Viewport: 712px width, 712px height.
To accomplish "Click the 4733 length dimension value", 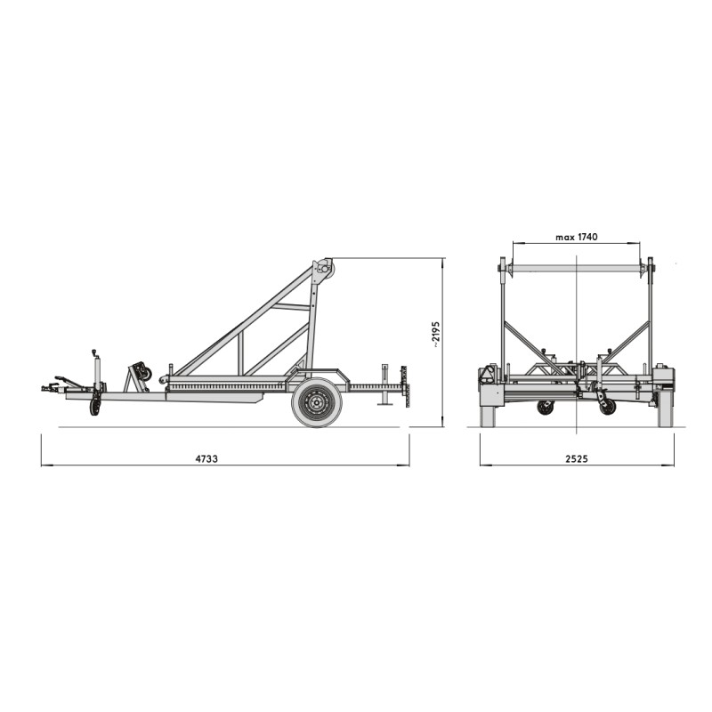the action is tap(206, 458).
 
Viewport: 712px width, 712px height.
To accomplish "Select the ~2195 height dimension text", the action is tap(436, 335).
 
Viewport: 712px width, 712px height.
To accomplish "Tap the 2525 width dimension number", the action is tap(577, 458).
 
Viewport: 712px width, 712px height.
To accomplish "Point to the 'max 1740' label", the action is tap(577, 237).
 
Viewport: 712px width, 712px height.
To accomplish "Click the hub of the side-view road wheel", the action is tap(317, 402).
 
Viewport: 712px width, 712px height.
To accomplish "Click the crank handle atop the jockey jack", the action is tap(94, 352).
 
